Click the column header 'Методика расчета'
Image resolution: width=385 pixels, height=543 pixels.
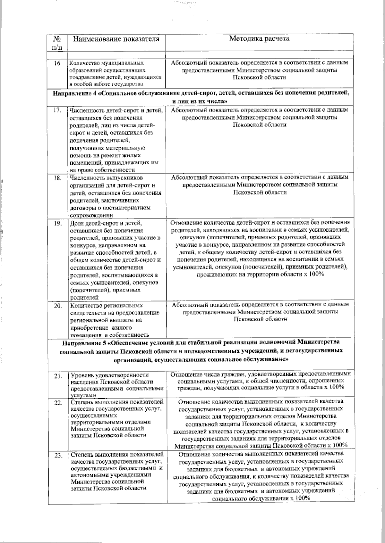(x=259, y=39)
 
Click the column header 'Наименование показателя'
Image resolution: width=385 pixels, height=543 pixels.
(x=116, y=39)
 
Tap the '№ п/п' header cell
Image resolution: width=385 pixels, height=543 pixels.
(x=57, y=43)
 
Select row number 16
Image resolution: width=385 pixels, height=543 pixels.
(x=57, y=63)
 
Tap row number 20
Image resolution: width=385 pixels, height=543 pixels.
(x=57, y=306)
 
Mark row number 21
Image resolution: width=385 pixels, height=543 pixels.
(x=58, y=376)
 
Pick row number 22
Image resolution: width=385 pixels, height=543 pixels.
(x=58, y=403)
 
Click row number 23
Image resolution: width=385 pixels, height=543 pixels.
(x=58, y=456)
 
